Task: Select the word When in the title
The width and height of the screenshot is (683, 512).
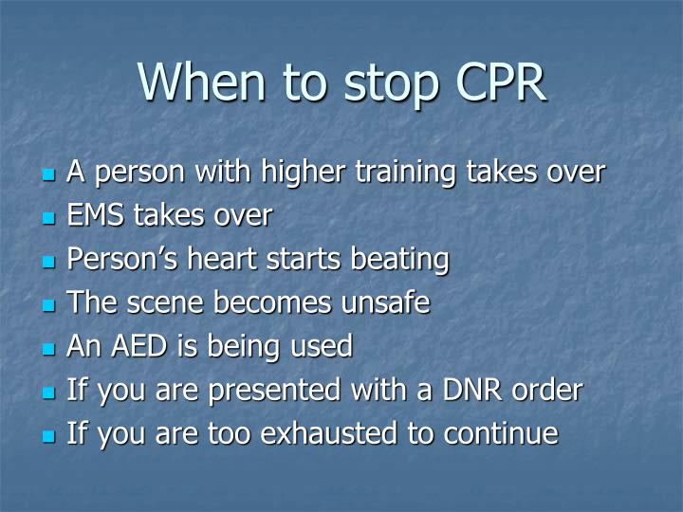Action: tap(203, 82)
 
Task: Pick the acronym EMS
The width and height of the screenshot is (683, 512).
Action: tap(96, 216)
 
